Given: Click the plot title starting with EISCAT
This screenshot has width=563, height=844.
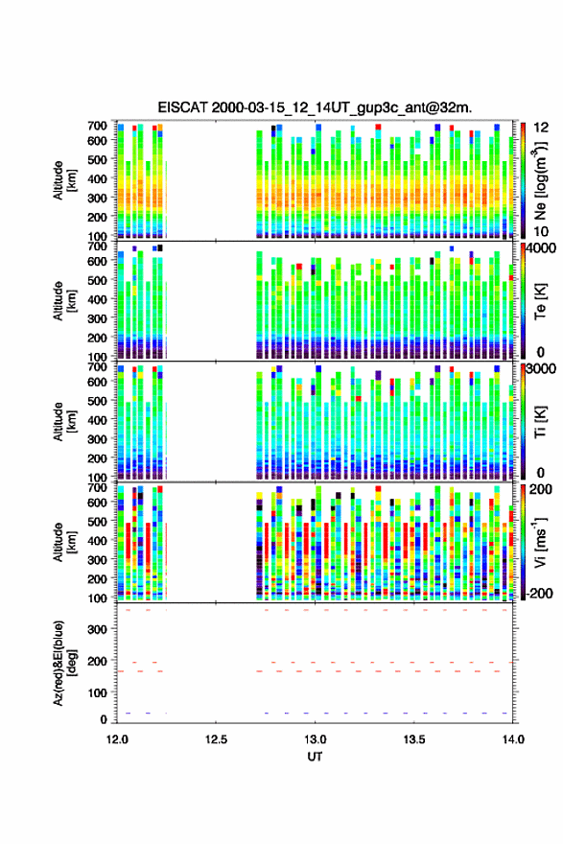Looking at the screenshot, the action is click(315, 107).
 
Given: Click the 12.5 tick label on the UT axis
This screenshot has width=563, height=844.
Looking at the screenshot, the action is click(216, 739).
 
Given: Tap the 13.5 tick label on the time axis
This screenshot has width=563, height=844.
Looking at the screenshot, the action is click(414, 739).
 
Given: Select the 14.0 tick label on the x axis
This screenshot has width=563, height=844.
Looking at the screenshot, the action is click(513, 739).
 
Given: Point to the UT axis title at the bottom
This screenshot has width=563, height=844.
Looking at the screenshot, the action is click(315, 757).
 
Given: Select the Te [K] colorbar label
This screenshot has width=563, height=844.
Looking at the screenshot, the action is click(540, 301).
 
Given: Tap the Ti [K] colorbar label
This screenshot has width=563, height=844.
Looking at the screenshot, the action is click(540, 422).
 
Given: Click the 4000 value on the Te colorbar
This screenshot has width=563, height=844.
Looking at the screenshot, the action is click(542, 249).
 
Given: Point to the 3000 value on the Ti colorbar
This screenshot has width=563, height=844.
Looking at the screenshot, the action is click(542, 370).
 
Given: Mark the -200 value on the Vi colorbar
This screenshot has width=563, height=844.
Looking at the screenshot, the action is click(538, 594).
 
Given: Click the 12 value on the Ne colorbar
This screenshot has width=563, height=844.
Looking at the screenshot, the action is click(542, 129).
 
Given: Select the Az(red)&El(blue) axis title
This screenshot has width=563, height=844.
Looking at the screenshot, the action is click(64, 663).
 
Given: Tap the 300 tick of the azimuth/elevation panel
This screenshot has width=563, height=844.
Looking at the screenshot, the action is click(98, 630).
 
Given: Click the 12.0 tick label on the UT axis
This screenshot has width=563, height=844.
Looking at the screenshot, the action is click(117, 739).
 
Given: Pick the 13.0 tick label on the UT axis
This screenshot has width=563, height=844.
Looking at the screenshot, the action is click(315, 739).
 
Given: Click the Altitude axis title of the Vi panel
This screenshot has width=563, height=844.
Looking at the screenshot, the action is click(64, 542).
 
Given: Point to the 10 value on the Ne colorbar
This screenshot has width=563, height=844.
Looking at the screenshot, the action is click(541, 231).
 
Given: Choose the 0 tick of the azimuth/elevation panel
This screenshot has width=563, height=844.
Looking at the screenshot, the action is click(104, 719).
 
